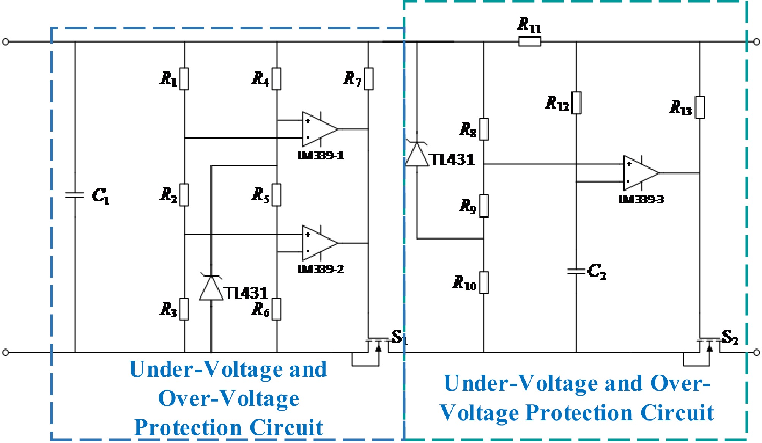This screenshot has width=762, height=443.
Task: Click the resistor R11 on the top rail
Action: pyautogui.click(x=529, y=42)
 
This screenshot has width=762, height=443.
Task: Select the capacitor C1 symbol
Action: pyautogui.click(x=75, y=195)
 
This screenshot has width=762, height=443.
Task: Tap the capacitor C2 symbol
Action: pyautogui.click(x=576, y=271)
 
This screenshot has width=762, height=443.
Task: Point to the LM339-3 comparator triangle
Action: pyautogui.click(x=639, y=173)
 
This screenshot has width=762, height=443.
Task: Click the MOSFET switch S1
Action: pyautogui.click(x=378, y=345)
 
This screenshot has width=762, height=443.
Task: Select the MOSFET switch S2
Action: pyautogui.click(x=709, y=345)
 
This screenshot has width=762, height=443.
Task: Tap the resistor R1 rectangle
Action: pyautogui.click(x=184, y=79)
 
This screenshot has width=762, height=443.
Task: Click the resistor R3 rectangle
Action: pyautogui.click(x=184, y=309)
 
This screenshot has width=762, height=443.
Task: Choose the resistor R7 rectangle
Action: pyautogui.click(x=368, y=79)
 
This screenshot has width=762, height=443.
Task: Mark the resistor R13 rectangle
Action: pyautogui.click(x=700, y=107)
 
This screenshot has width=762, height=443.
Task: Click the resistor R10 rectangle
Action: pyautogui.click(x=483, y=282)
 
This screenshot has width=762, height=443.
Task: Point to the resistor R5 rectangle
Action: pyautogui.click(x=277, y=195)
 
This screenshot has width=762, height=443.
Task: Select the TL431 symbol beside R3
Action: pyautogui.click(x=211, y=289)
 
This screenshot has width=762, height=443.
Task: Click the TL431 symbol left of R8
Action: pyautogui.click(x=417, y=155)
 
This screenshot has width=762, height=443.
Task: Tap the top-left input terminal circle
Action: pyautogui.click(x=5, y=41)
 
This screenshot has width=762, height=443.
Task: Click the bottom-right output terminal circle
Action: pyautogui.click(x=756, y=353)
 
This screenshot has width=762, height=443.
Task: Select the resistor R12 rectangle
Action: pyautogui.click(x=576, y=102)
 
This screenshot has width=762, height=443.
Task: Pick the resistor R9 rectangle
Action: pyautogui.click(x=483, y=206)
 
